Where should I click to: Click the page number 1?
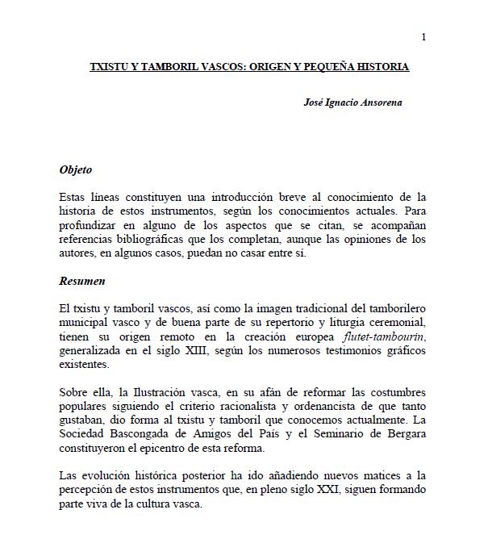[x=424, y=36]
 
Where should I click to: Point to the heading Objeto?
[x=76, y=170]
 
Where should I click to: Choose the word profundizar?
[x=91, y=227]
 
